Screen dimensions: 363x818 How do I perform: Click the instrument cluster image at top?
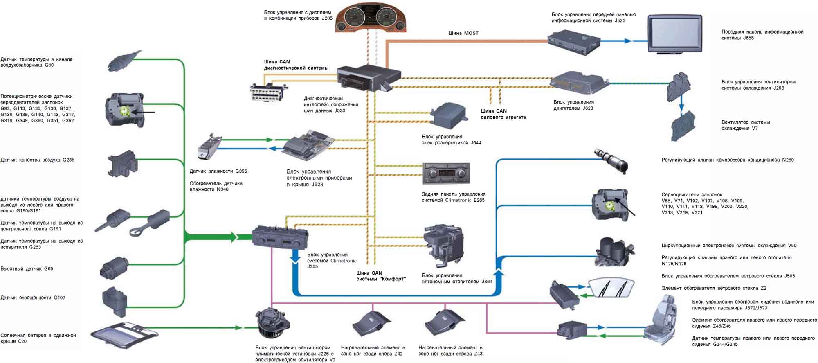pos(371,18)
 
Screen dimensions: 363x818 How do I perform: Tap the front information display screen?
pos(675,34)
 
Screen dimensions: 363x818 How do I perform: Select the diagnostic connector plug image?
pos(268,92)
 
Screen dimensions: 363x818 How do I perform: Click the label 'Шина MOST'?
pos(463,33)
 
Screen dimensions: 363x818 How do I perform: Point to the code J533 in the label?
pos(339,110)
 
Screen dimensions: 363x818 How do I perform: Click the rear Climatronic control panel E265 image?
pos(446,174)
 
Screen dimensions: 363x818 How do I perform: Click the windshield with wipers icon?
pos(611,287)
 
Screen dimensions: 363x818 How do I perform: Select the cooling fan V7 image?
pos(683,126)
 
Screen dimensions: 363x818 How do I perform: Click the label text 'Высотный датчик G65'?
pos(27,269)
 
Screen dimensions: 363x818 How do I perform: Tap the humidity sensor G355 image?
pos(209,146)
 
